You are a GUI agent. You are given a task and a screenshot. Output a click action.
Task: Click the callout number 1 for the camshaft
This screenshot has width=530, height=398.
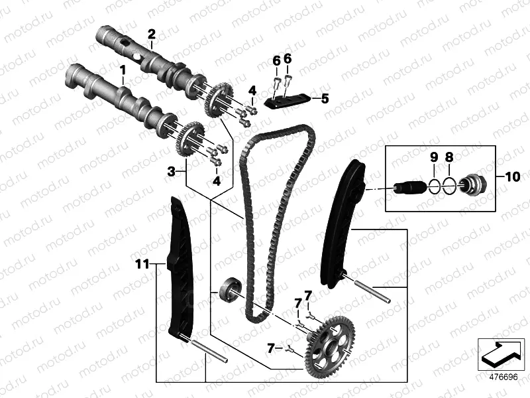click(123, 69)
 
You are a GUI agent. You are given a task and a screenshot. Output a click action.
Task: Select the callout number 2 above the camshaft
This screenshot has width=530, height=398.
click(151, 34)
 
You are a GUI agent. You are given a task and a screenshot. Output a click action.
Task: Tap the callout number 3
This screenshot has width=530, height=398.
click(171, 171)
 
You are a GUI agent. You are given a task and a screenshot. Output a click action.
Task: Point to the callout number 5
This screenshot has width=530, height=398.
click(325, 99)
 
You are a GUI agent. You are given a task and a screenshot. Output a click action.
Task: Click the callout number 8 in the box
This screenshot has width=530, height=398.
click(449, 157)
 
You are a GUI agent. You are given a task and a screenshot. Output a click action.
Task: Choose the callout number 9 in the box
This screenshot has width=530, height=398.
click(433, 157)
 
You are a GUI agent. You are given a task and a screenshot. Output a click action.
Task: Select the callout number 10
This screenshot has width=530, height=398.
click(512, 176)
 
